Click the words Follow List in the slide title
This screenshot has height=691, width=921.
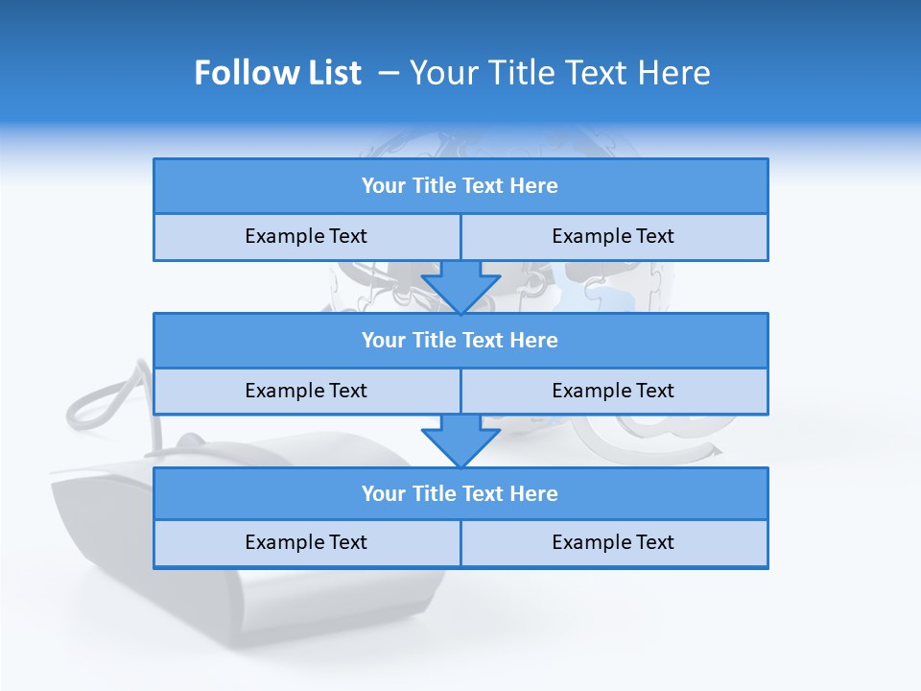click(278, 73)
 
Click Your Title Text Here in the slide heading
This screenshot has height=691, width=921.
click(560, 73)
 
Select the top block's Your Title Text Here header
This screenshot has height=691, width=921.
click(460, 186)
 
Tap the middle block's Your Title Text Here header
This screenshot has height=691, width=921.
click(460, 340)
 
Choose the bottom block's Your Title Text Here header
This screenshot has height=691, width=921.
click(460, 493)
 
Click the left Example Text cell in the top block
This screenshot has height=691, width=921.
click(306, 236)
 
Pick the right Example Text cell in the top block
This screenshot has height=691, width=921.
click(613, 236)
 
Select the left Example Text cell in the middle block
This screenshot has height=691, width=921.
click(306, 391)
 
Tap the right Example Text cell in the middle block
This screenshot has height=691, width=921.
click(613, 391)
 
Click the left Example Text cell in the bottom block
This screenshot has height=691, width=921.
click(306, 542)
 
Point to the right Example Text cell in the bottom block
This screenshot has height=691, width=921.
click(613, 542)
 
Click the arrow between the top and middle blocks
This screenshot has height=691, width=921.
click(460, 287)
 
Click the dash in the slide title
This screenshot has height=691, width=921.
click(389, 73)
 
